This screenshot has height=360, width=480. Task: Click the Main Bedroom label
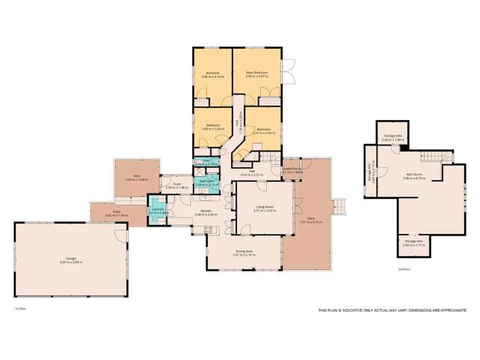click(257, 73)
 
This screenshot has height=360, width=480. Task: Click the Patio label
click(117, 214)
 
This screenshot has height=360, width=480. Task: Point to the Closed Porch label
click(293, 170)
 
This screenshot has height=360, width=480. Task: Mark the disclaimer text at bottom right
click(394, 310)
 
